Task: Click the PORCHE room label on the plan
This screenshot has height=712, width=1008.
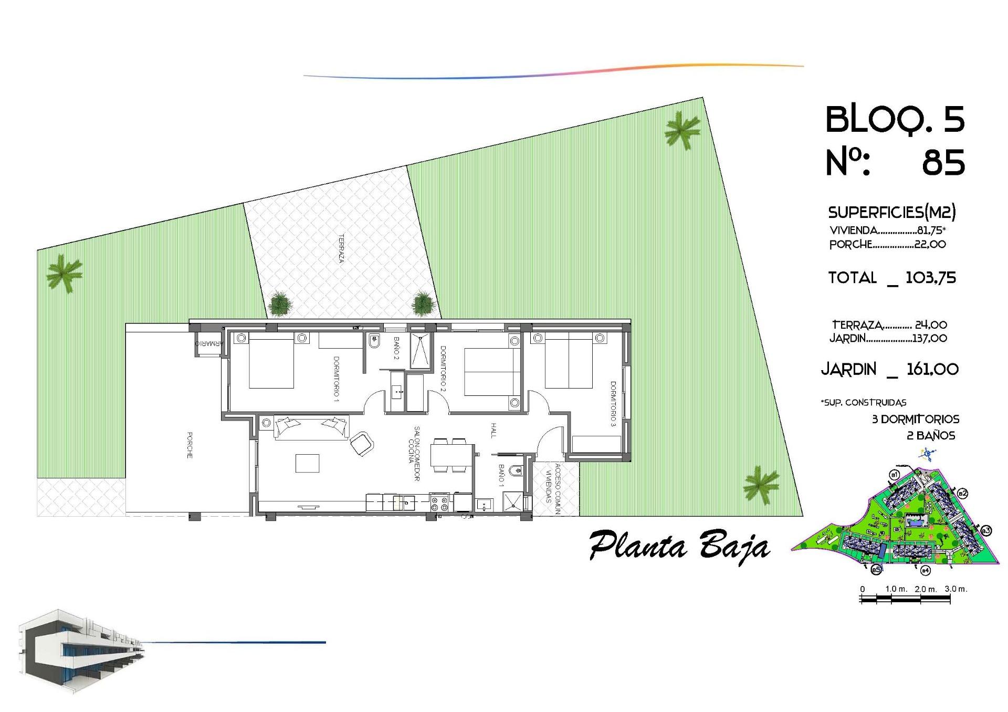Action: [x=190, y=445]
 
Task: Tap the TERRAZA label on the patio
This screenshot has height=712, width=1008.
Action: [x=341, y=248]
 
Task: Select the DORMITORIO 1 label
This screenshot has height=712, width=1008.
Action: [x=336, y=379]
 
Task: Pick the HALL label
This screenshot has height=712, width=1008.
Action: [x=493, y=430]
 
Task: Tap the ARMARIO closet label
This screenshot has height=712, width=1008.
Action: [x=209, y=343]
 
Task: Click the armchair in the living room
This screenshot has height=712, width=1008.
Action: [x=362, y=444]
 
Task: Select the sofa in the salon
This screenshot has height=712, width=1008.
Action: [x=311, y=426]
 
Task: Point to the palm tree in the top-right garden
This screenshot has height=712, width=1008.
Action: [x=682, y=130]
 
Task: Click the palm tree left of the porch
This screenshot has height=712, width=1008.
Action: [x=64, y=273]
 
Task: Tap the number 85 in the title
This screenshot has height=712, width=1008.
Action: [x=943, y=162]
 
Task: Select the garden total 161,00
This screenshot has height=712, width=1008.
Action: [x=932, y=369]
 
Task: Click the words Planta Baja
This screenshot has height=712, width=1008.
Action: [x=679, y=547]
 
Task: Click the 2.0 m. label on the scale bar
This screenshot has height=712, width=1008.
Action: [x=926, y=589]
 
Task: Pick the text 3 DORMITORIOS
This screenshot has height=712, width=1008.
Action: [x=915, y=419]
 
